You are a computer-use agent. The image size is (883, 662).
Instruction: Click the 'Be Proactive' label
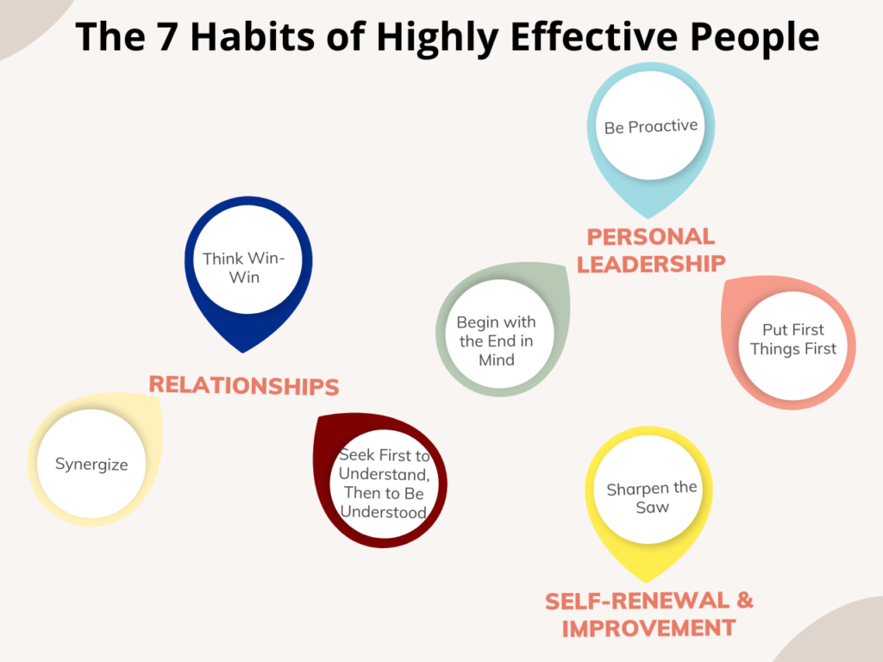[650, 127]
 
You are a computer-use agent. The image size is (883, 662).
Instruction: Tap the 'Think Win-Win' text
[244, 268]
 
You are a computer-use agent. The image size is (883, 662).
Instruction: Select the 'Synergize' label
[91, 465]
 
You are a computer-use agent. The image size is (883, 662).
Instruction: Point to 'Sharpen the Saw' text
[652, 497]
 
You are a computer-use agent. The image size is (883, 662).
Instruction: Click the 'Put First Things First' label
[793, 340]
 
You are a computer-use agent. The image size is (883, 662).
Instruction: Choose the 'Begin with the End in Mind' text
[496, 341]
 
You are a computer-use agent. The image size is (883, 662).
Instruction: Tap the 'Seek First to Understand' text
[385, 465]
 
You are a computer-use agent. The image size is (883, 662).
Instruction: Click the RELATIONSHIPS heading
[244, 385]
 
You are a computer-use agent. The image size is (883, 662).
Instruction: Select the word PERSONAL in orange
[651, 236]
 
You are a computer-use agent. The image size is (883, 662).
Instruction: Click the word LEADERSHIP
[651, 264]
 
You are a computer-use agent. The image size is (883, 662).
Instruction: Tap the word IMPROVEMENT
[648, 628]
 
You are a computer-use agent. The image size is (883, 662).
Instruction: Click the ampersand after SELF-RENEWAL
[745, 601]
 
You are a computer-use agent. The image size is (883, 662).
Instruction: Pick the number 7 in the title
[166, 36]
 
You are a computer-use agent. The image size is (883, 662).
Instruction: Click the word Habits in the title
[253, 36]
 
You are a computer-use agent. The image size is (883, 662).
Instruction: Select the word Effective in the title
[593, 36]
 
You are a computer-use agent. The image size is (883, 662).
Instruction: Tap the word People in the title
[755, 38]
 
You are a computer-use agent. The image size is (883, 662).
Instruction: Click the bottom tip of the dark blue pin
[242, 353]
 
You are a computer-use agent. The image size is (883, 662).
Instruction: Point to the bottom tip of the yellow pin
[647, 583]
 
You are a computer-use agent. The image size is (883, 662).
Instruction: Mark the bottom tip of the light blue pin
[648, 218]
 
